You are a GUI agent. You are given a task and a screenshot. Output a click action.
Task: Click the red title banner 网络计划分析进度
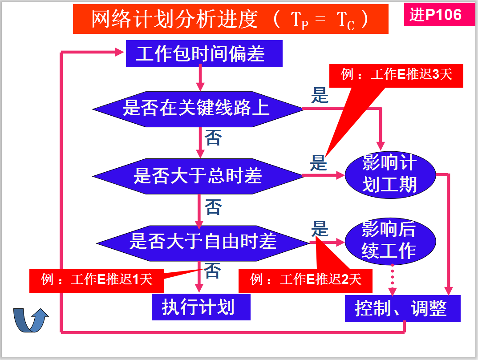230,20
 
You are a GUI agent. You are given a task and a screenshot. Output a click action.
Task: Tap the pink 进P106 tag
436,15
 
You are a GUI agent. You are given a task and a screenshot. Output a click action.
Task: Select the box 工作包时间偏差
204,54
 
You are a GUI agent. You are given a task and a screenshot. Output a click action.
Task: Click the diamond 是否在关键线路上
197,108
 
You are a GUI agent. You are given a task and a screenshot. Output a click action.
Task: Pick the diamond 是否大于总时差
197,176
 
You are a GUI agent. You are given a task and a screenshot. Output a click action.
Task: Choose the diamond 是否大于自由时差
203,242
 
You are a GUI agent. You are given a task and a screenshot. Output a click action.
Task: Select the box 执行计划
201,307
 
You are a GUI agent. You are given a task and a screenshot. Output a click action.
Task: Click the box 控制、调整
402,308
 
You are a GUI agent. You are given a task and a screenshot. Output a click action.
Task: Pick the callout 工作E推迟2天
305,280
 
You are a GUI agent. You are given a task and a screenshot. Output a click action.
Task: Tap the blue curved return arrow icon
30,320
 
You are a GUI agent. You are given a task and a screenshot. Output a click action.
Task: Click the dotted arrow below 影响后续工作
393,279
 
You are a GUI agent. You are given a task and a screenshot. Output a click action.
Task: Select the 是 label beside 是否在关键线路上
319,96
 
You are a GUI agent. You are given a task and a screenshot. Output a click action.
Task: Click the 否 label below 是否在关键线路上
212,139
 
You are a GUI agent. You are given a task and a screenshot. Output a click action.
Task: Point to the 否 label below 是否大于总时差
212,207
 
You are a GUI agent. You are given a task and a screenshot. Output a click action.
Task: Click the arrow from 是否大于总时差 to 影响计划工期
324,175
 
